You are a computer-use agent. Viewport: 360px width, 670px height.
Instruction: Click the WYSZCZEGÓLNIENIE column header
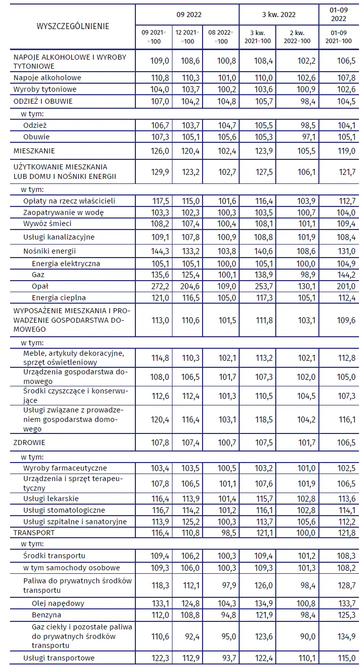click(x=73, y=26)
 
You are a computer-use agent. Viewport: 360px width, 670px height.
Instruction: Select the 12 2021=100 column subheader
click(x=187, y=37)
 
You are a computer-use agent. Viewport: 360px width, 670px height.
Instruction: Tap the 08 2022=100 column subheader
click(x=221, y=37)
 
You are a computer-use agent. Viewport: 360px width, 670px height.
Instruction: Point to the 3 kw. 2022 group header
click(x=279, y=15)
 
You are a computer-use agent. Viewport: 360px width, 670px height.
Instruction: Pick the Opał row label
click(x=40, y=286)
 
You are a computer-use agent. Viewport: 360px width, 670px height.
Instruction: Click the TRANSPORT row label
click(x=34, y=533)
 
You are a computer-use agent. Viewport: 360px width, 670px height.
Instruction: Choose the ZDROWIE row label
click(x=29, y=442)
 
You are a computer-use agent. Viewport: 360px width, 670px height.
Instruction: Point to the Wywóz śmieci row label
click(x=47, y=224)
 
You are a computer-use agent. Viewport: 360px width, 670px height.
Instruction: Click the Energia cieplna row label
click(x=59, y=298)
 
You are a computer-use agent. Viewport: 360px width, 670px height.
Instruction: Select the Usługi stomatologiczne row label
click(x=64, y=510)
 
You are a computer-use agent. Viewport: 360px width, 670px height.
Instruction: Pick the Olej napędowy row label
click(x=58, y=603)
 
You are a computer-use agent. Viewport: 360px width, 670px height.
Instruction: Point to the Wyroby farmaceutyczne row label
click(x=65, y=468)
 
